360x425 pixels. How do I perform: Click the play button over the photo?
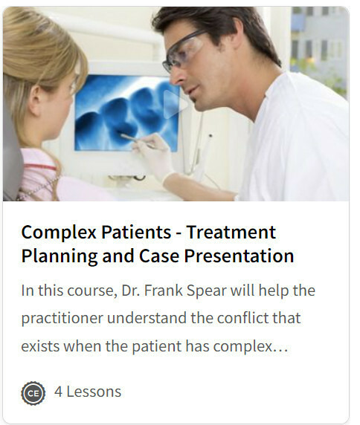(175, 104)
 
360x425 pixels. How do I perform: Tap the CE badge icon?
(33, 393)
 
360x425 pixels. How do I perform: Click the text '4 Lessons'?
(88, 392)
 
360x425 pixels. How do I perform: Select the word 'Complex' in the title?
(59, 233)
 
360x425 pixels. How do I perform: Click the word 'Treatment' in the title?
(231, 233)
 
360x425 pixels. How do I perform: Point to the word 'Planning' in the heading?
(60, 256)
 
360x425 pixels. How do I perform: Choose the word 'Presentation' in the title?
(239, 256)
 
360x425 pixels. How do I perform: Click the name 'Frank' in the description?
(164, 291)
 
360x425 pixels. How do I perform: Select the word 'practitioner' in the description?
(62, 319)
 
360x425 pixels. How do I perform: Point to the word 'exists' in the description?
(40, 346)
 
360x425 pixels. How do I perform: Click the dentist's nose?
(176, 77)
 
